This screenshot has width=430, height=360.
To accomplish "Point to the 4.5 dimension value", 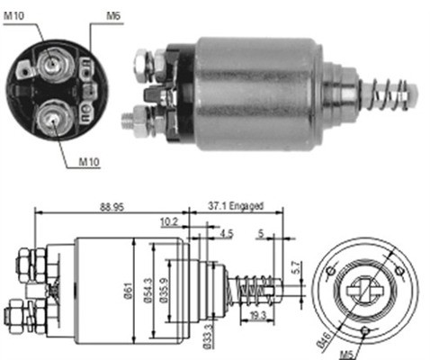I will tap(226, 236).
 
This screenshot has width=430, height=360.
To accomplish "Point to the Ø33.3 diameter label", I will tap(209, 336).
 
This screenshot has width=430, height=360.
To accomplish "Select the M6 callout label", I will tap(113, 15).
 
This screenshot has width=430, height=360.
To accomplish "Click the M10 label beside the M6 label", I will tap(16, 15).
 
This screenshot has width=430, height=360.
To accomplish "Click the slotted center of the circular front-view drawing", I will tap(364, 290).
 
